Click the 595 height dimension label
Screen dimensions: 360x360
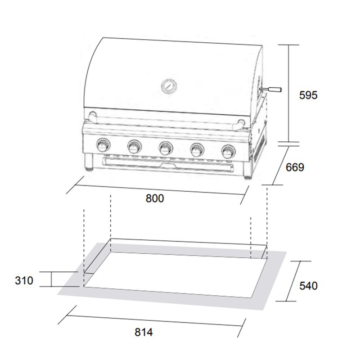(x=308, y=95)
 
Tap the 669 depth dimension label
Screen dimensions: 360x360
(x=295, y=167)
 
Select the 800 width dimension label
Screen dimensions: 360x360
(x=155, y=198)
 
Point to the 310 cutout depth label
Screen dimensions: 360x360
(x=24, y=280)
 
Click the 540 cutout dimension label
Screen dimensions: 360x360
(x=308, y=286)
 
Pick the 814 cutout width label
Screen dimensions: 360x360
(x=144, y=332)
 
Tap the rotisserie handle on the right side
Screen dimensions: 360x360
(x=271, y=89)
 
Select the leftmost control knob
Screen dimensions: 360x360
(x=103, y=145)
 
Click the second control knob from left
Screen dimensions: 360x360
(x=134, y=147)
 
